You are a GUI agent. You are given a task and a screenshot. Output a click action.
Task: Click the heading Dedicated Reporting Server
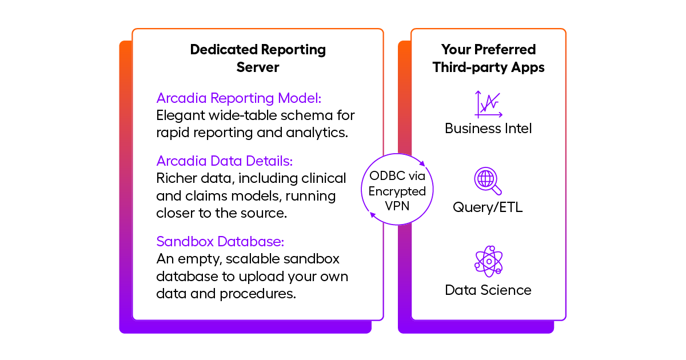pos(258,58)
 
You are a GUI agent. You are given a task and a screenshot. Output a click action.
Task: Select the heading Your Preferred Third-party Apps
pos(488,58)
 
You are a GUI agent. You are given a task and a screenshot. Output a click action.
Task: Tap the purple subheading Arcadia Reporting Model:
pos(240,97)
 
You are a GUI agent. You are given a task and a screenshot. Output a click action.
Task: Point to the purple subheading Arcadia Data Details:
pos(225,161)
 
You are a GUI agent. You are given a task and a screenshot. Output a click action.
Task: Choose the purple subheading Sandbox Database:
pos(220,241)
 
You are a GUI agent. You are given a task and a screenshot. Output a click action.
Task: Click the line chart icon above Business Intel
pos(488,104)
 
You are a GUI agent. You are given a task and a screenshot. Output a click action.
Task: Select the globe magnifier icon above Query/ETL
pos(488,181)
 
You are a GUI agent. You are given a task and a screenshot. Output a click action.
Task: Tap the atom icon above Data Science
pos(488,261)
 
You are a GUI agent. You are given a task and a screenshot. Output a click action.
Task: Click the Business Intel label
pos(488,129)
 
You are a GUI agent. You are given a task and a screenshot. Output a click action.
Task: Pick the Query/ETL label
pos(488,207)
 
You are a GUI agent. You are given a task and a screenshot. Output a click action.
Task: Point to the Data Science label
pos(488,290)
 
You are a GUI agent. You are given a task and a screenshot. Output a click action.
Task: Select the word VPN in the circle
pos(397,205)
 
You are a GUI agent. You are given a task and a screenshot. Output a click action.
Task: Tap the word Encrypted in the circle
pos(397,191)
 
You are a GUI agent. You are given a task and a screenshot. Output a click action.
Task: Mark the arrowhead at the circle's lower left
pos(373,215)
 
